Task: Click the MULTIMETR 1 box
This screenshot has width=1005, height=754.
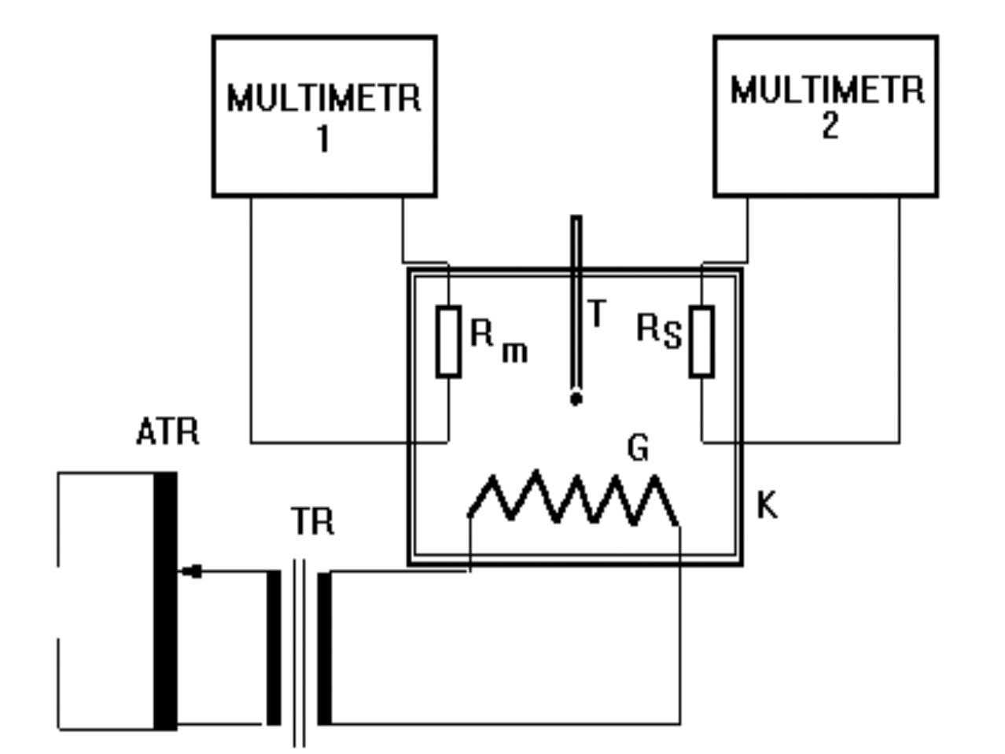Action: point(324,116)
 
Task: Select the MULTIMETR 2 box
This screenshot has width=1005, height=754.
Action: point(825,116)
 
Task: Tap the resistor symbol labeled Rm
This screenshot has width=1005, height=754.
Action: point(448,342)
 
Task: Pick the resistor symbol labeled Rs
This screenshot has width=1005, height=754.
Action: point(701,342)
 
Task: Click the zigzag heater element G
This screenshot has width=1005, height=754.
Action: point(573,499)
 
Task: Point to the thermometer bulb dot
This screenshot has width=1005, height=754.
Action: point(576,399)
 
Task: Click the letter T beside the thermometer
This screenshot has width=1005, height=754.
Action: point(598,314)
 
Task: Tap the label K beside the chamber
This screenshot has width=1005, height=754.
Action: point(767,506)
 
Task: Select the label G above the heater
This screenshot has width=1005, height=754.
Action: point(638,448)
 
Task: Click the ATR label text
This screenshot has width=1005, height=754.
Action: point(167,432)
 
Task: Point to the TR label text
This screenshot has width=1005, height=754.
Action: point(312,521)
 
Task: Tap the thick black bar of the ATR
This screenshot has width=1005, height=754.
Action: point(165,601)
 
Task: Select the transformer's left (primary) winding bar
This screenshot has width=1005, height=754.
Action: point(273,648)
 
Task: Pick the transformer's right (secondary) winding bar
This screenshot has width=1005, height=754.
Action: point(324,648)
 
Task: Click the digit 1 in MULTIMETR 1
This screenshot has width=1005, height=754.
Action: point(322,139)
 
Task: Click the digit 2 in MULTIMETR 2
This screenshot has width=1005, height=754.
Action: point(830,126)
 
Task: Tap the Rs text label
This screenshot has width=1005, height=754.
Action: point(658,331)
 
